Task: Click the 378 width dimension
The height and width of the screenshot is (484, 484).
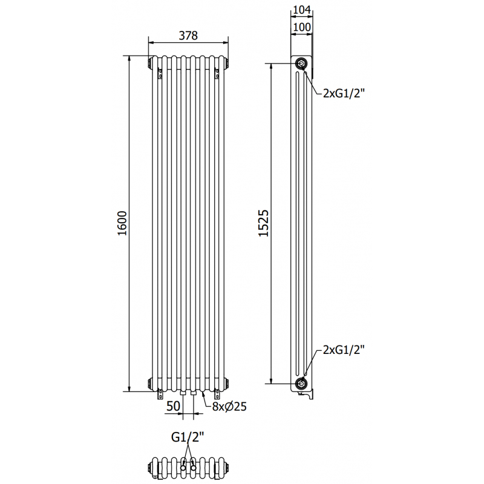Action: coord(188,36)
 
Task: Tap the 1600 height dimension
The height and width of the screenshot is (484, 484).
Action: coord(123,223)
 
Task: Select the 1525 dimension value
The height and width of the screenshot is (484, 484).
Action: coord(264,223)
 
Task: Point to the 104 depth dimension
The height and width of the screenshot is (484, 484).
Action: coord(301,10)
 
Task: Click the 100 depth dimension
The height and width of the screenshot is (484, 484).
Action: coord(301,27)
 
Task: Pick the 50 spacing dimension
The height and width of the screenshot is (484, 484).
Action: coord(173,406)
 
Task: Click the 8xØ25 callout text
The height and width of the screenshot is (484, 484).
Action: coord(229,407)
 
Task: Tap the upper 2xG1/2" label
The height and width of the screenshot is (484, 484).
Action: coord(344,93)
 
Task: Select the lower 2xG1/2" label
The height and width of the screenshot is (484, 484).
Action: coord(344,350)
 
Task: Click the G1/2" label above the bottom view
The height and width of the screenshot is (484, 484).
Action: coord(188,437)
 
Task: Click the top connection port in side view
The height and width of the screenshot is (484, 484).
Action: coord(301,64)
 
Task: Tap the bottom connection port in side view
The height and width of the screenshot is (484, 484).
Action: coord(301,384)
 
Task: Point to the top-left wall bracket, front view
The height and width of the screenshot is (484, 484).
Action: coord(160,73)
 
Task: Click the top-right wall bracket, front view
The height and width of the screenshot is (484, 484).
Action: coord(217,73)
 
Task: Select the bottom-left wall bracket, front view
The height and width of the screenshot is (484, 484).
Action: coord(160,394)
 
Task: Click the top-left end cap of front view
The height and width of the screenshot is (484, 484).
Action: coord(150,63)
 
